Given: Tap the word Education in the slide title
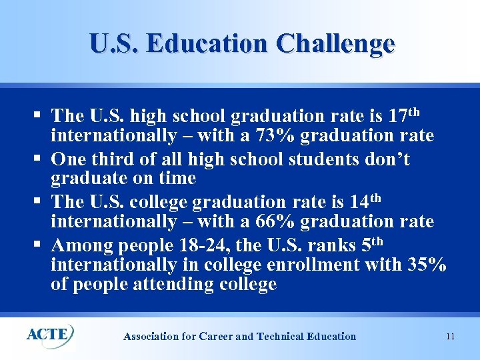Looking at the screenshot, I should tap(207, 44).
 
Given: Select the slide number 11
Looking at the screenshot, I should tap(450, 337).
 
